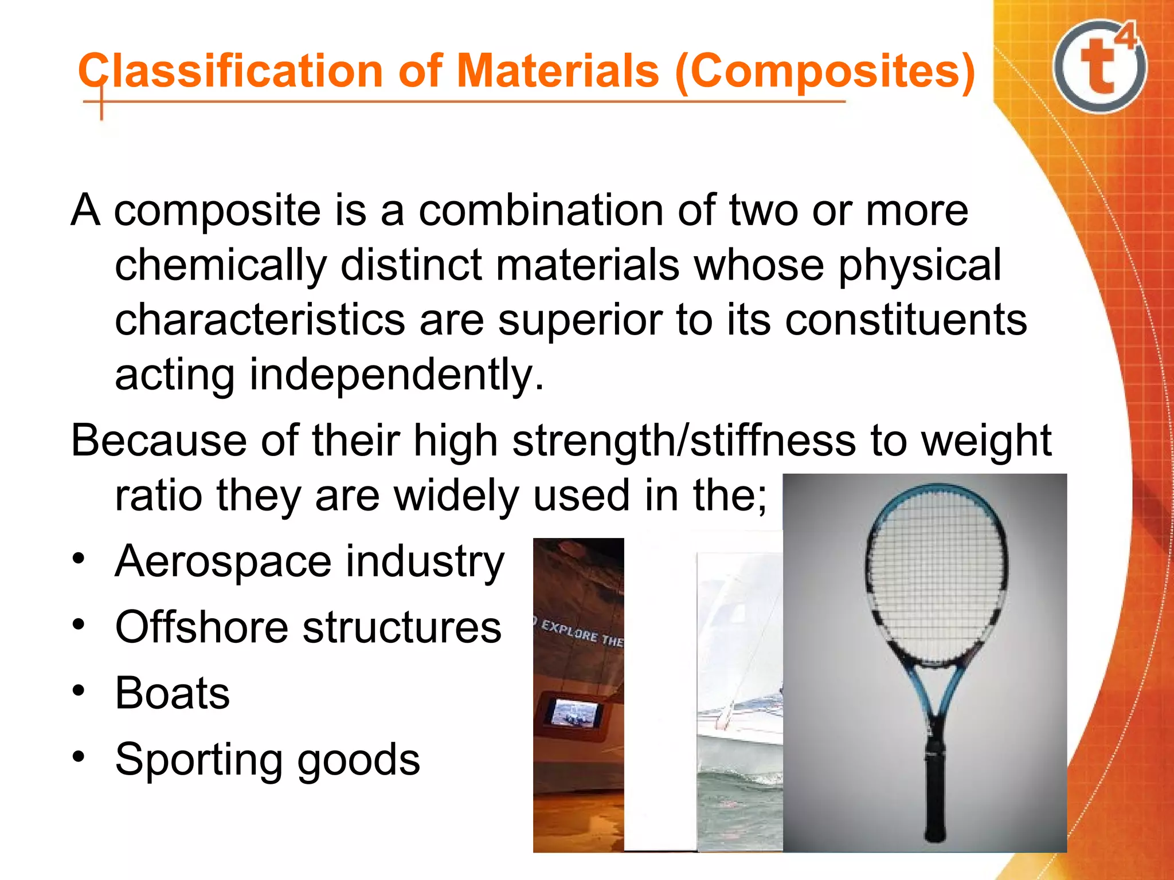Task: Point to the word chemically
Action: [x=221, y=266]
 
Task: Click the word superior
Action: [x=580, y=320]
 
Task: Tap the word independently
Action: [x=396, y=375]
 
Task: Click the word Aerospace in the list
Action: [x=223, y=561]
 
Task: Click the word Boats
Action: [x=172, y=693]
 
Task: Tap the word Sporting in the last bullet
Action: [x=198, y=760]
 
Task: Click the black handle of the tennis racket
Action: [x=934, y=796]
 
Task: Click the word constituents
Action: [x=906, y=320]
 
